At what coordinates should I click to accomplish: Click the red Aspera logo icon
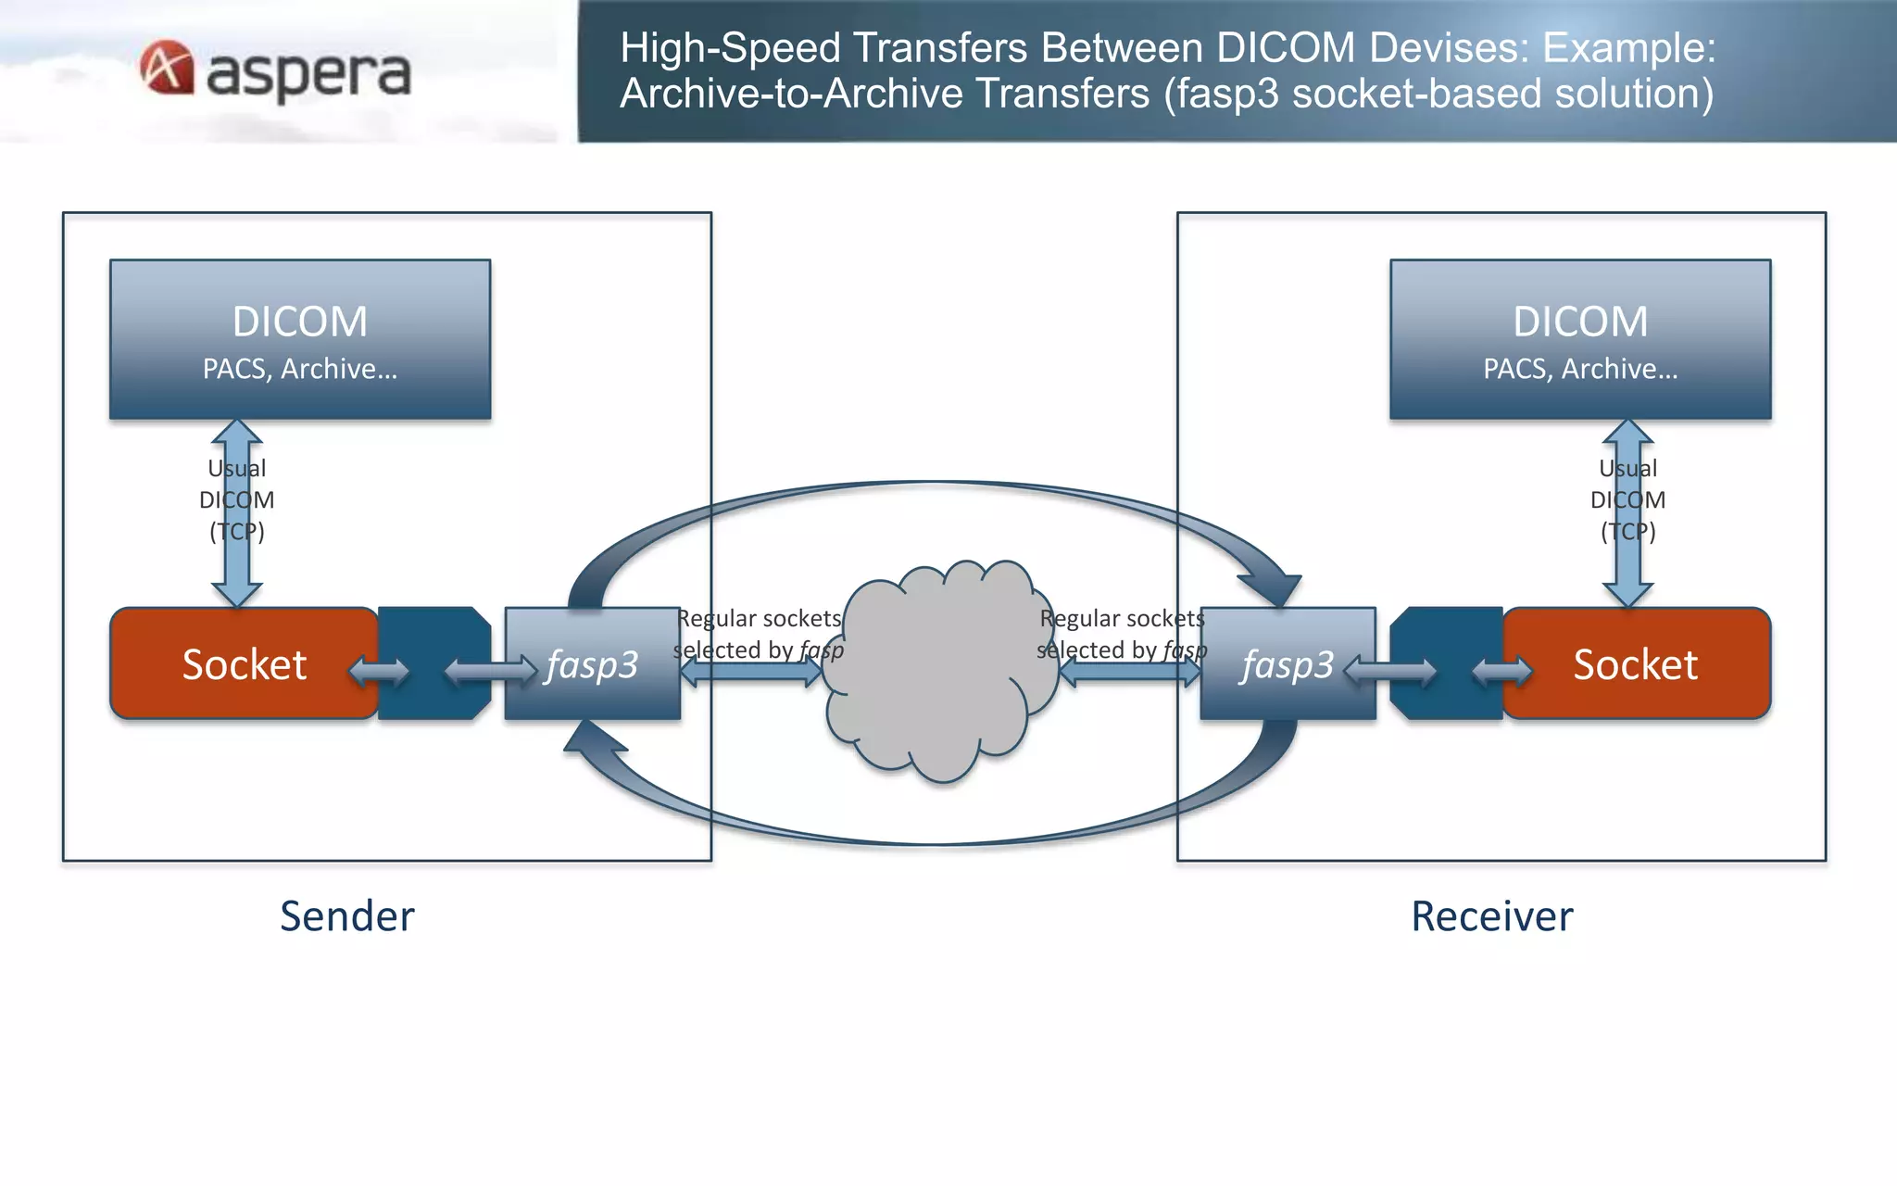point(167,68)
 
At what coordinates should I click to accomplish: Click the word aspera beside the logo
point(308,74)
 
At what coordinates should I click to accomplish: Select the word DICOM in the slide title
point(1286,48)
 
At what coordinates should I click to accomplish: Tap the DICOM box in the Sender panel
point(300,339)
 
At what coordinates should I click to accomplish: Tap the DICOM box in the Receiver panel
point(1580,339)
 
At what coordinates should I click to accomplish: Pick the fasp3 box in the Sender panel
point(593,663)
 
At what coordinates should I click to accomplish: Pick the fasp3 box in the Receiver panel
point(1288,663)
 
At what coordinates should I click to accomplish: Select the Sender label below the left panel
point(347,916)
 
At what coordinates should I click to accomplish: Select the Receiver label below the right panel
point(1491,916)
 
